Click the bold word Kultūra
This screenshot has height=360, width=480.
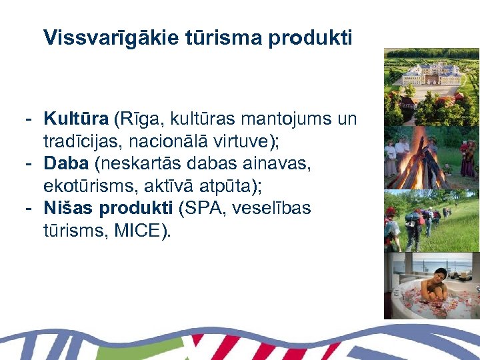[76, 119]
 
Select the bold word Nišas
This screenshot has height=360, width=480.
[69, 209]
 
